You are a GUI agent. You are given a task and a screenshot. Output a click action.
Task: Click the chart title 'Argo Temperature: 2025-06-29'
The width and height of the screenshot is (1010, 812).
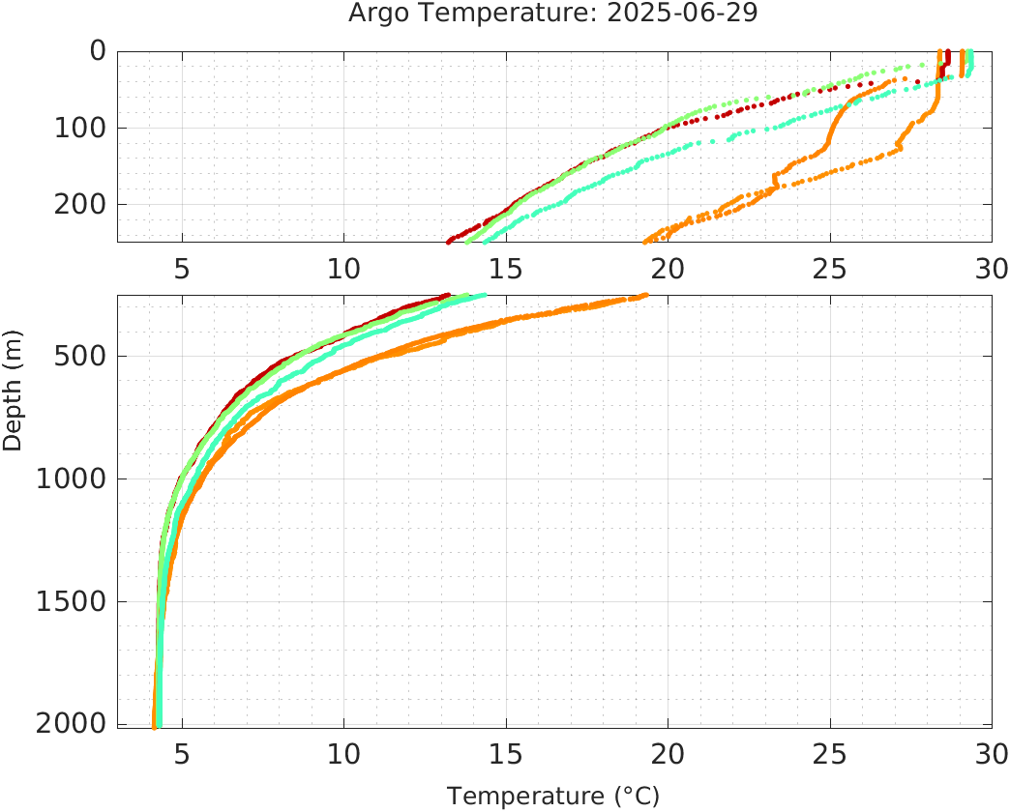click(x=554, y=14)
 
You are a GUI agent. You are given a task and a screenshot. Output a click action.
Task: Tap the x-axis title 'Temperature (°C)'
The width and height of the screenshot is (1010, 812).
click(x=553, y=797)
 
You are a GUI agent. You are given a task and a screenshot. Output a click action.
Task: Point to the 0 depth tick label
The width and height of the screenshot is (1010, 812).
click(x=98, y=51)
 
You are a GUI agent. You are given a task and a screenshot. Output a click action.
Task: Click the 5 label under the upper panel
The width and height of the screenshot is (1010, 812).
click(x=182, y=268)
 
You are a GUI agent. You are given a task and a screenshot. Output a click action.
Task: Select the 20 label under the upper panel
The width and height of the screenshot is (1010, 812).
click(x=668, y=268)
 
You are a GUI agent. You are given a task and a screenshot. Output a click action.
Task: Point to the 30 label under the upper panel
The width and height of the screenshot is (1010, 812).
click(x=990, y=268)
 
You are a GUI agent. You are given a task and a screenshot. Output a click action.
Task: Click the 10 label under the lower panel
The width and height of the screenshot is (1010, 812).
click(x=343, y=752)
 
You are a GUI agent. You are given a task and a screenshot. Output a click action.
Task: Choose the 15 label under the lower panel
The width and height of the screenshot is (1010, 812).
click(x=506, y=752)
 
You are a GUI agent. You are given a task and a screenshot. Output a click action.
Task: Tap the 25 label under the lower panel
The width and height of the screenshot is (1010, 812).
click(x=829, y=752)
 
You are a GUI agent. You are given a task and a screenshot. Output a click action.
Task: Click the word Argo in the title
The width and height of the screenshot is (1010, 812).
click(x=380, y=14)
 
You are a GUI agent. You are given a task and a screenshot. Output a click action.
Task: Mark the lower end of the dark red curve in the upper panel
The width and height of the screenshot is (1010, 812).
click(x=449, y=241)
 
